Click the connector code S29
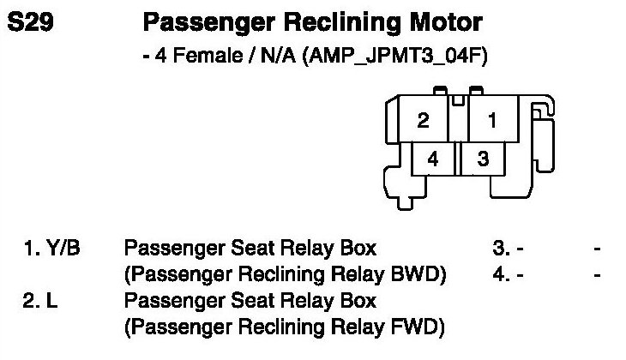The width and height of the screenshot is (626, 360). click(32, 22)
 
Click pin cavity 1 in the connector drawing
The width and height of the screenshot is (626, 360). click(492, 121)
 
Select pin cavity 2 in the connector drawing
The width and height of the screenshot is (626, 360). click(424, 121)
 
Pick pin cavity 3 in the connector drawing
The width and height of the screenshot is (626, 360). click(483, 159)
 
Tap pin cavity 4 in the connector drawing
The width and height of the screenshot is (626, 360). click(433, 159)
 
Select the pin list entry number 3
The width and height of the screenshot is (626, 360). click(499, 249)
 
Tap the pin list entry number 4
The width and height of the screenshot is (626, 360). click(499, 275)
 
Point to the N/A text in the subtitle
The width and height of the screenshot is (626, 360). click(269, 57)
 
